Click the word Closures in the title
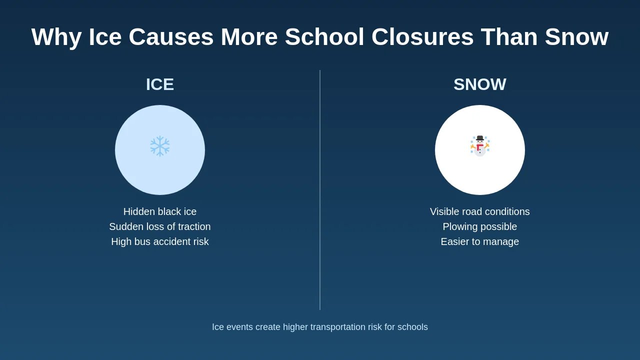[422, 37]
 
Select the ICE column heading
[160, 84]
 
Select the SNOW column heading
[480, 84]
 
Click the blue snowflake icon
[160, 145]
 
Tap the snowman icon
[480, 146]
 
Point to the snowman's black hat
[480, 138]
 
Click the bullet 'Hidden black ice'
[160, 211]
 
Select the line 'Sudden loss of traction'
[160, 226]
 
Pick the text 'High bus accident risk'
[160, 241]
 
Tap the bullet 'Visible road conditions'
[480, 211]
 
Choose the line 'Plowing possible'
[480, 226]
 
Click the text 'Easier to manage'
[480, 241]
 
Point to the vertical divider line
[320, 190]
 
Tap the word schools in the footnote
[412, 327]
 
